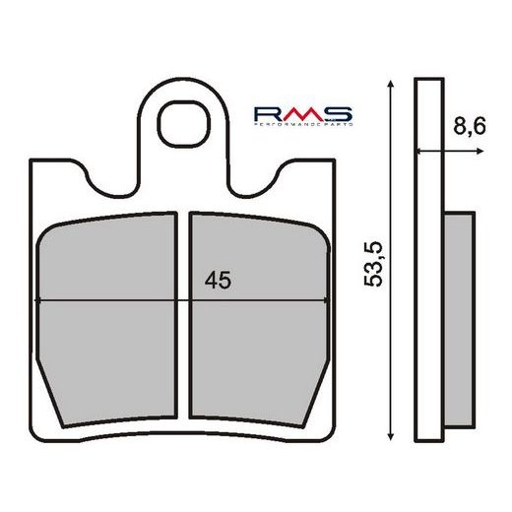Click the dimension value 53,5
pyautogui.click(x=373, y=265)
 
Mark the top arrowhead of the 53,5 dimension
pyautogui.click(x=392, y=88)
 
